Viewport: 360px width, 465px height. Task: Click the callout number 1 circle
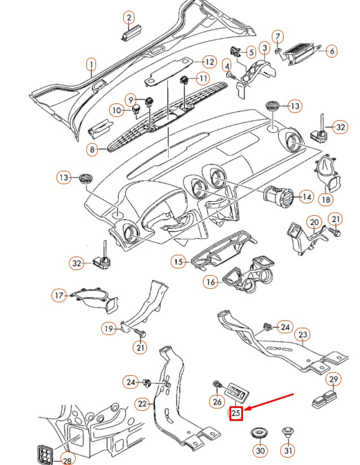point(91,66)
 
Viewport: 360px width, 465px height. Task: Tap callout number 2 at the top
point(129,18)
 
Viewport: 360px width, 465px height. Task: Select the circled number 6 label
point(331,51)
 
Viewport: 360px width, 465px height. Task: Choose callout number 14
point(306,197)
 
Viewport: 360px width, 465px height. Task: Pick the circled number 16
point(211,281)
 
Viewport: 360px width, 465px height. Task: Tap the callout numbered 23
point(303,335)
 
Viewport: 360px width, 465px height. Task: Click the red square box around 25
point(236,413)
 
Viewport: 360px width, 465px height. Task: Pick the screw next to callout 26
point(217,386)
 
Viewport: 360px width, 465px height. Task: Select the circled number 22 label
point(144,403)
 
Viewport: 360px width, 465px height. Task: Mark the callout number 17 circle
point(59,295)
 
